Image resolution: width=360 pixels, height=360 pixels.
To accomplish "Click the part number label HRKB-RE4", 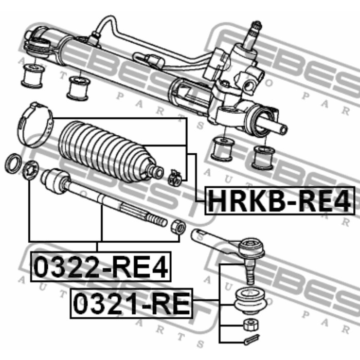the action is tap(280, 201).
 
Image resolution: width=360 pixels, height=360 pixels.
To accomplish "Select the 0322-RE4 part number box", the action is tap(101, 266).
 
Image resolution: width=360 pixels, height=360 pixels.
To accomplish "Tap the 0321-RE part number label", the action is tap(132, 303).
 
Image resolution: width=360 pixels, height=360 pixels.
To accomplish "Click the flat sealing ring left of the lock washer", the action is tap(13, 163).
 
